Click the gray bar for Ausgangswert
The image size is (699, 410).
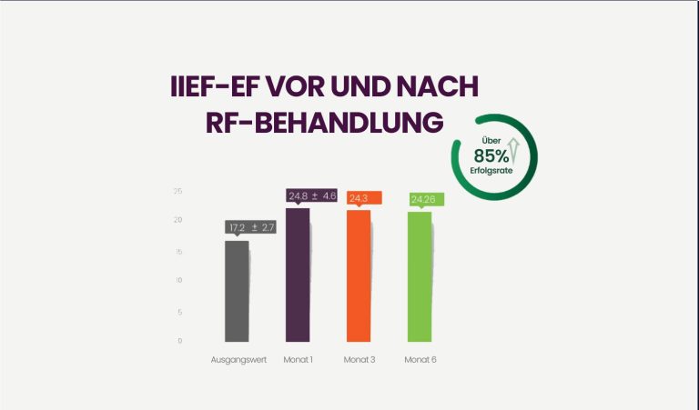click(237, 291)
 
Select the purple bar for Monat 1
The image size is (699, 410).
click(298, 275)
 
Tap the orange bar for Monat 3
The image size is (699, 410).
click(359, 275)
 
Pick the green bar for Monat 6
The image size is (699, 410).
click(419, 276)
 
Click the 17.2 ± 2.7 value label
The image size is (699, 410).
click(251, 226)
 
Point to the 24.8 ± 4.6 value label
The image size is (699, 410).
click(312, 195)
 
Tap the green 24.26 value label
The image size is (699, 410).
click(424, 199)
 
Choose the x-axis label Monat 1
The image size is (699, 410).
click(299, 359)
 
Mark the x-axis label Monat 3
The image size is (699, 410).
click(359, 359)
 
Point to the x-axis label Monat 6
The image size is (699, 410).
click(420, 359)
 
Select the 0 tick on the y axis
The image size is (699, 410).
click(179, 341)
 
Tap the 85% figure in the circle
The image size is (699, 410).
click(491, 155)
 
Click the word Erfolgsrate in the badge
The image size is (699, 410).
click(492, 172)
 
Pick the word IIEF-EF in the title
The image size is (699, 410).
click(218, 87)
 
